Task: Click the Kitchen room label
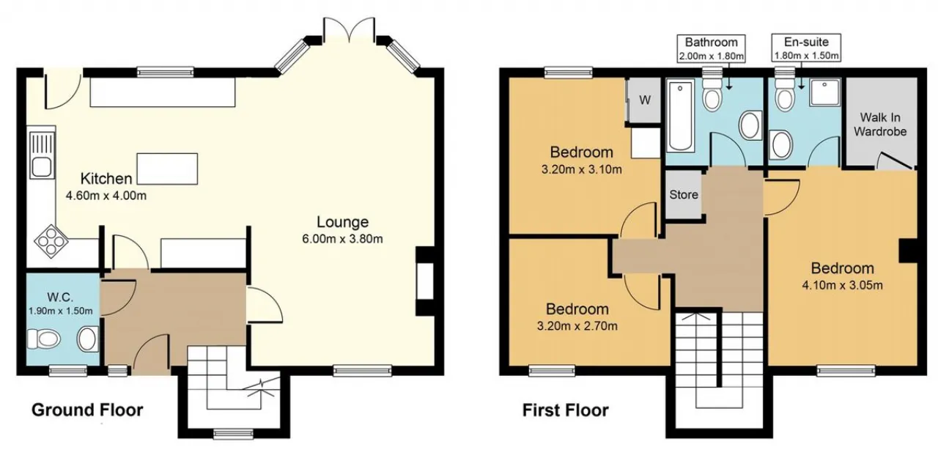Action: pos(106,179)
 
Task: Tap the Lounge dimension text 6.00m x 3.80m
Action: pos(342,239)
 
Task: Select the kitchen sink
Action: pos(42,155)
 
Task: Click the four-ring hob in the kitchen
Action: pos(51,241)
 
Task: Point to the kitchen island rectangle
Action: pos(167,169)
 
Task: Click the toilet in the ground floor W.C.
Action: pos(43,339)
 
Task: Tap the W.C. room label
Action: pos(60,298)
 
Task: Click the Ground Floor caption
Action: pos(87,410)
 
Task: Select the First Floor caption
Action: pos(565,410)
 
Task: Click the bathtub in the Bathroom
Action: pos(680,116)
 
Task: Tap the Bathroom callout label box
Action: pos(711,48)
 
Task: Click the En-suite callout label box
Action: pos(806,48)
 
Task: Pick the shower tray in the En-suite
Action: pos(824,92)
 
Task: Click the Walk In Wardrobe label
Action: pos(880,125)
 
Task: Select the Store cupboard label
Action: pos(684,195)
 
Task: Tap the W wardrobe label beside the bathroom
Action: pos(645,100)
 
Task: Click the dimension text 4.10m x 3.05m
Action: pos(842,285)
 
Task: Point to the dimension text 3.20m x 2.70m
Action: pos(577,325)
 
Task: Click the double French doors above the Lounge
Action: pos(350,30)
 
